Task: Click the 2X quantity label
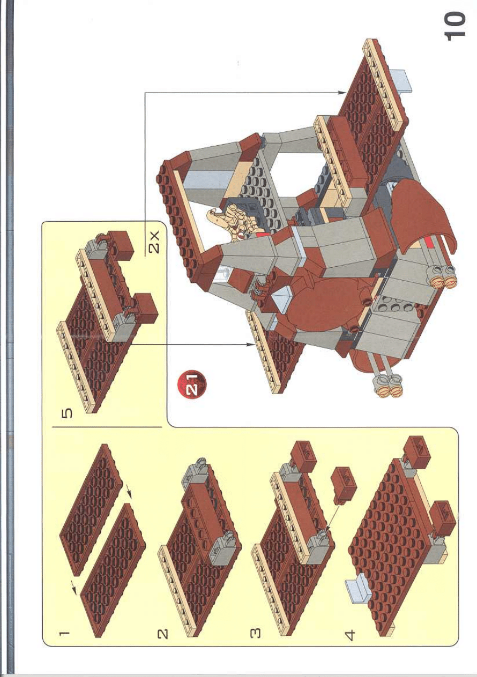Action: tap(154, 244)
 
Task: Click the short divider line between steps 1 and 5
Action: tap(107, 427)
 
